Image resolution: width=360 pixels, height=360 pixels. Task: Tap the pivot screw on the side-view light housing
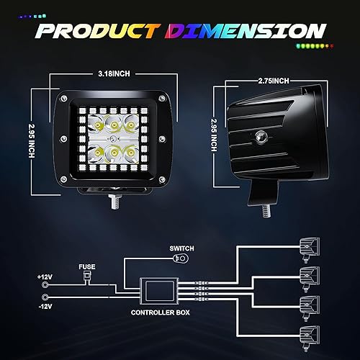[278, 136]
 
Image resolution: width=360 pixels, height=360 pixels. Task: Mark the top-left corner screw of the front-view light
[64, 98]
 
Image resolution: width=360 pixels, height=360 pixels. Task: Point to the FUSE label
[87, 266]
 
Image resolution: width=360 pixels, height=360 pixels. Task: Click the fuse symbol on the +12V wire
[86, 277]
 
